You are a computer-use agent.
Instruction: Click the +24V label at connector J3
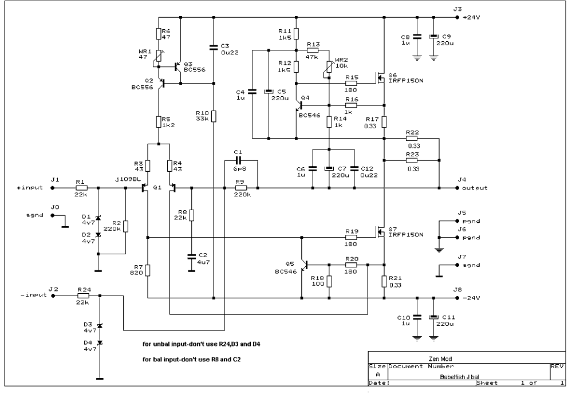[x=471, y=18]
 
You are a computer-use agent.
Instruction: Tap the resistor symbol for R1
[x=81, y=188]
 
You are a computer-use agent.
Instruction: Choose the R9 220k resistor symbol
[x=241, y=188]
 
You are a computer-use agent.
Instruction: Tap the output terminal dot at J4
[x=457, y=188]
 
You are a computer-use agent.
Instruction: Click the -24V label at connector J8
[x=471, y=298]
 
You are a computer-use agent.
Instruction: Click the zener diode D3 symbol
[x=98, y=325]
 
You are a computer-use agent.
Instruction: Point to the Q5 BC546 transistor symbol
[x=304, y=265]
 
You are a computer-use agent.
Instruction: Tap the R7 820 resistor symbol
[x=147, y=270]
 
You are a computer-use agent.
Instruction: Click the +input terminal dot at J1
[x=52, y=188]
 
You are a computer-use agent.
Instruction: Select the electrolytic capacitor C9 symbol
[x=433, y=37]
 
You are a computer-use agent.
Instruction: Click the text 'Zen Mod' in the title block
[x=440, y=358]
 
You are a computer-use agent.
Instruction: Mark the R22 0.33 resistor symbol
[x=412, y=138]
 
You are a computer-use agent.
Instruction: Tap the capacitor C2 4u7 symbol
[x=191, y=257]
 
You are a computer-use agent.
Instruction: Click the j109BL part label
[x=128, y=179]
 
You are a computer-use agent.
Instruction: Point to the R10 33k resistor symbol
[x=214, y=116]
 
